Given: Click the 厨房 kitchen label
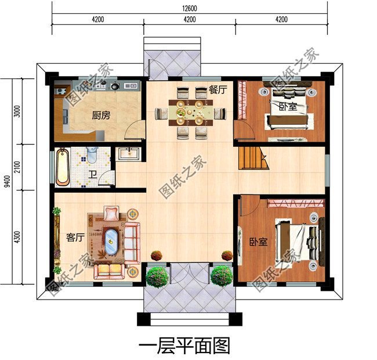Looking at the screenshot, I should pyautogui.click(x=100, y=116).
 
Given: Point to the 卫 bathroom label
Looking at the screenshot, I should pyautogui.click(x=93, y=174).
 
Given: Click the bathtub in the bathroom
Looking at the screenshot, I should pyautogui.click(x=63, y=167).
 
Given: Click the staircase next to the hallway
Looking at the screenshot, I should pyautogui.click(x=252, y=158).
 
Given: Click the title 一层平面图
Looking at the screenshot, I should pyautogui.click(x=185, y=346).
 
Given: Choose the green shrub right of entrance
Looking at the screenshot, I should pyautogui.click(x=221, y=276).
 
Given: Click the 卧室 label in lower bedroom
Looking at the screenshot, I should pyautogui.click(x=259, y=242).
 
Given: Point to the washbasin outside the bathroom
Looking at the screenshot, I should pyautogui.click(x=128, y=154).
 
